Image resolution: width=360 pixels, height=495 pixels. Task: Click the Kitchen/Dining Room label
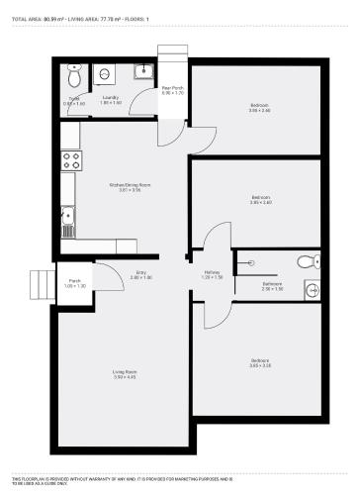point(130,186)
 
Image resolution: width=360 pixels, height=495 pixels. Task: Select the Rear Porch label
point(173,91)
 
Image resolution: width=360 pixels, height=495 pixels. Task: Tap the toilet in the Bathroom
point(310,261)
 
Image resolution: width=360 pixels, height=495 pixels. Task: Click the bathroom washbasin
point(311,289)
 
